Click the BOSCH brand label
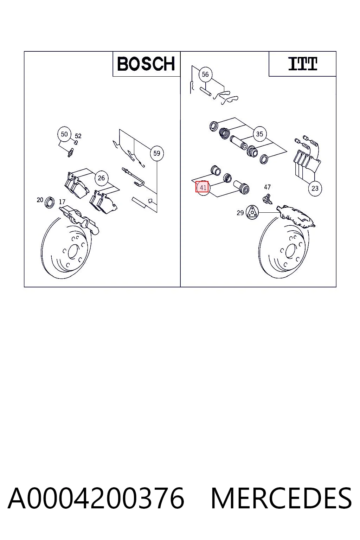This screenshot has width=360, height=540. point(146,64)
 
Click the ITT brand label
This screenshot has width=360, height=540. point(303,64)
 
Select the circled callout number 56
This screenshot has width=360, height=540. point(205,74)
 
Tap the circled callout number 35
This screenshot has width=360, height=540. point(259,134)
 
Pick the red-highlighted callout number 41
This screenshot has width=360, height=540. point(202,187)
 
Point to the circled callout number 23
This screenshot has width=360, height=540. point(315,188)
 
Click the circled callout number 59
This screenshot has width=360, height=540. point(157,153)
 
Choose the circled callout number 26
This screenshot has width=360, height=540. point(101,178)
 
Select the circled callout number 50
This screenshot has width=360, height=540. point(64,134)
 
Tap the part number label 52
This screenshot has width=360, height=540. point(78,136)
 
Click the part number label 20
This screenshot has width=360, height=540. point(40,200)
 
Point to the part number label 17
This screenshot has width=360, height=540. point(62,202)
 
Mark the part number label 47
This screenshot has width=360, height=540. point(268,187)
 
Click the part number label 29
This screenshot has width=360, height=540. point(240,213)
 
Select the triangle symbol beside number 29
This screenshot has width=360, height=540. point(252,212)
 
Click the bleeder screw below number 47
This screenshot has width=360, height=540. point(267,199)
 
